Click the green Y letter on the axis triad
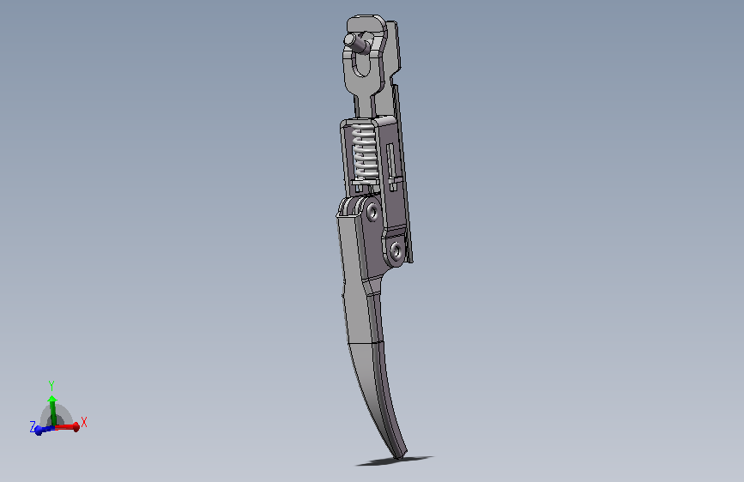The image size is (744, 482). pyautogui.click(x=51, y=386)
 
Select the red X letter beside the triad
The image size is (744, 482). pyautogui.click(x=84, y=422)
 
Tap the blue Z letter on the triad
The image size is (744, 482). pyautogui.click(x=33, y=426)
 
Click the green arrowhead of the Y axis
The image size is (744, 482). pyautogui.click(x=52, y=399)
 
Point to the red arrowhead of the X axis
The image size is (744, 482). pyautogui.click(x=76, y=427)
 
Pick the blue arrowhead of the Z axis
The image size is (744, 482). pyautogui.click(x=39, y=431)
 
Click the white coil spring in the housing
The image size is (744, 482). pyautogui.click(x=365, y=154)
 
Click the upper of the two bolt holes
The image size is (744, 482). pyautogui.click(x=373, y=212)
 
